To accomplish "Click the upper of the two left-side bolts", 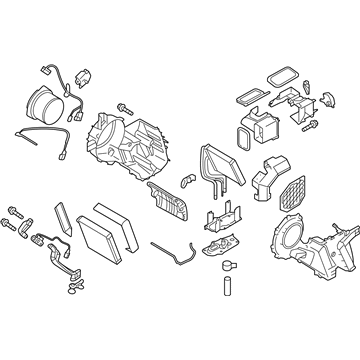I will [x=16, y=209].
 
